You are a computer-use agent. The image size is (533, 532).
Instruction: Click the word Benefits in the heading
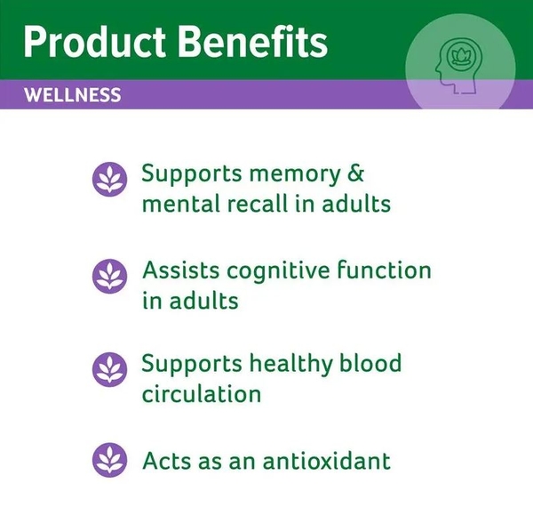click(x=258, y=42)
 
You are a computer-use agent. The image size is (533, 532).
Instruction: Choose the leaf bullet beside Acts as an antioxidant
click(x=110, y=461)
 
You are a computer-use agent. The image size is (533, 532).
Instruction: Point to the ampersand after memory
click(x=354, y=173)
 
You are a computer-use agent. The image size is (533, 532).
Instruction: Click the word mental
click(x=175, y=204)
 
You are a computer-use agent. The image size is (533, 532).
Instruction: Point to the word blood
click(x=378, y=363)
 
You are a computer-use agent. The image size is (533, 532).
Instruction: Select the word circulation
click(x=201, y=394)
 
